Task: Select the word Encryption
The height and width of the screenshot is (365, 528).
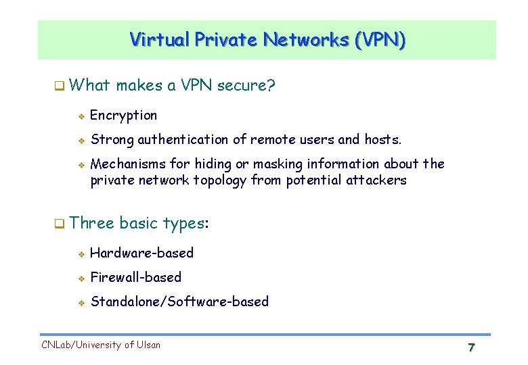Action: point(123,116)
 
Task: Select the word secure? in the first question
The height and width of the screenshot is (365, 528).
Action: point(247,85)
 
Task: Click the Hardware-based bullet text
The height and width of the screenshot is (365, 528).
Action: point(141,253)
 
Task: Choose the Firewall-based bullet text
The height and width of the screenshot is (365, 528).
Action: point(135,277)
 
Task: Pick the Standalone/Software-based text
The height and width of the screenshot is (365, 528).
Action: point(179,301)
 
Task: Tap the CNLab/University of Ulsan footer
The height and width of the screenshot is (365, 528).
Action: point(102,345)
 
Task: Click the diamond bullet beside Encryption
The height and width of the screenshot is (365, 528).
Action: point(80,116)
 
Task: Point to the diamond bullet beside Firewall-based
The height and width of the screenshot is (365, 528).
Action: point(80,278)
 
